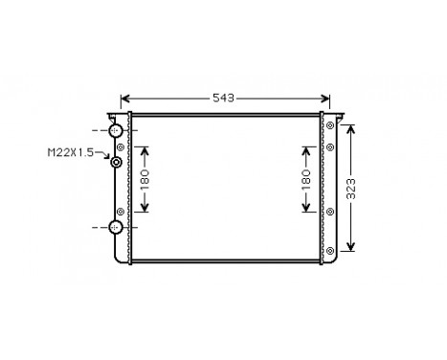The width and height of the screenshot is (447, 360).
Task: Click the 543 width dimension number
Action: coord(223,99)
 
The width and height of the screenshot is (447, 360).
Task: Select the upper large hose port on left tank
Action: coord(116,130)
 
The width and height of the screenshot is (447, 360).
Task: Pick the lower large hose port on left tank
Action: coord(116,227)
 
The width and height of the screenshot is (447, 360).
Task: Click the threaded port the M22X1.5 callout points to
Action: coord(117,163)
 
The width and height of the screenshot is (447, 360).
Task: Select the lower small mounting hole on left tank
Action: coord(120,211)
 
